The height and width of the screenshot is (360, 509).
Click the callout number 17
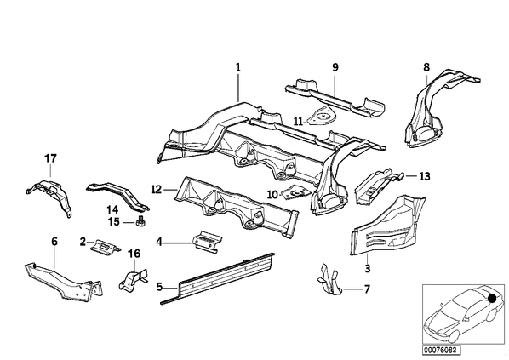pos(50,159)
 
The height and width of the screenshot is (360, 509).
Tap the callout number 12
pos(157,189)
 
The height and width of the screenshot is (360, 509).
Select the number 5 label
pos(159,287)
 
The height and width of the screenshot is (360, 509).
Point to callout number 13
pos(425,176)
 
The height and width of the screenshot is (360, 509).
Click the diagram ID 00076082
pos(439,350)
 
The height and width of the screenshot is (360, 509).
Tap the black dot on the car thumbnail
pos(492,299)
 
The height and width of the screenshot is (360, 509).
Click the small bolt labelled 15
pos(141,221)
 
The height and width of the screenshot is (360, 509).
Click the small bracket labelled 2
pos(105,247)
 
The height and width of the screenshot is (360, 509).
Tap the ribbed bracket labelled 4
pos(206,241)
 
